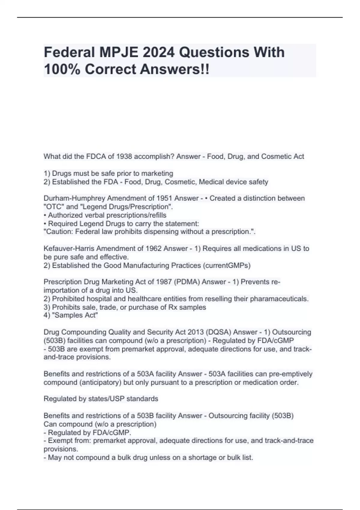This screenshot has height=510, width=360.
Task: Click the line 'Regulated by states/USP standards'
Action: coord(101,399)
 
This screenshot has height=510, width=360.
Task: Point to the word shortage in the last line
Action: coord(201,457)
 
